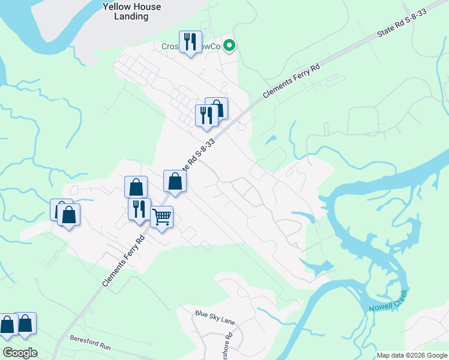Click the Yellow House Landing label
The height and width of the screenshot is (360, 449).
coord(131,11)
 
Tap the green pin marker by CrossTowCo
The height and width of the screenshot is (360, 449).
coord(229,46)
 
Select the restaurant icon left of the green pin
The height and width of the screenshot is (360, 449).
coord(190,42)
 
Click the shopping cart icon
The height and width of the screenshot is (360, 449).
coord(161,217)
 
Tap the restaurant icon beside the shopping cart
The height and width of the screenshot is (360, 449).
coord(139,209)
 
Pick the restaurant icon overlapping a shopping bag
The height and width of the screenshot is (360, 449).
coord(206,115)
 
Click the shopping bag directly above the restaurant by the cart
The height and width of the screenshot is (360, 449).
coord(136,187)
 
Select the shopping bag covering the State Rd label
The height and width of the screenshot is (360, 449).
coord(175,181)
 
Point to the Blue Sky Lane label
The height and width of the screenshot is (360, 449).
coord(215,317)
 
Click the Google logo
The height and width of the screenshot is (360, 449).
coord(20,353)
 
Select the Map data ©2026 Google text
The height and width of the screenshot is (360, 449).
coord(412,355)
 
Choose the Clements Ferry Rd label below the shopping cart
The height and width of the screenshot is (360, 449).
coord(124,260)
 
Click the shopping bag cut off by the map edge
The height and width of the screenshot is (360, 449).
coord(7,325)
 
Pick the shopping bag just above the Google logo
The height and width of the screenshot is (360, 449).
coord(26,323)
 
